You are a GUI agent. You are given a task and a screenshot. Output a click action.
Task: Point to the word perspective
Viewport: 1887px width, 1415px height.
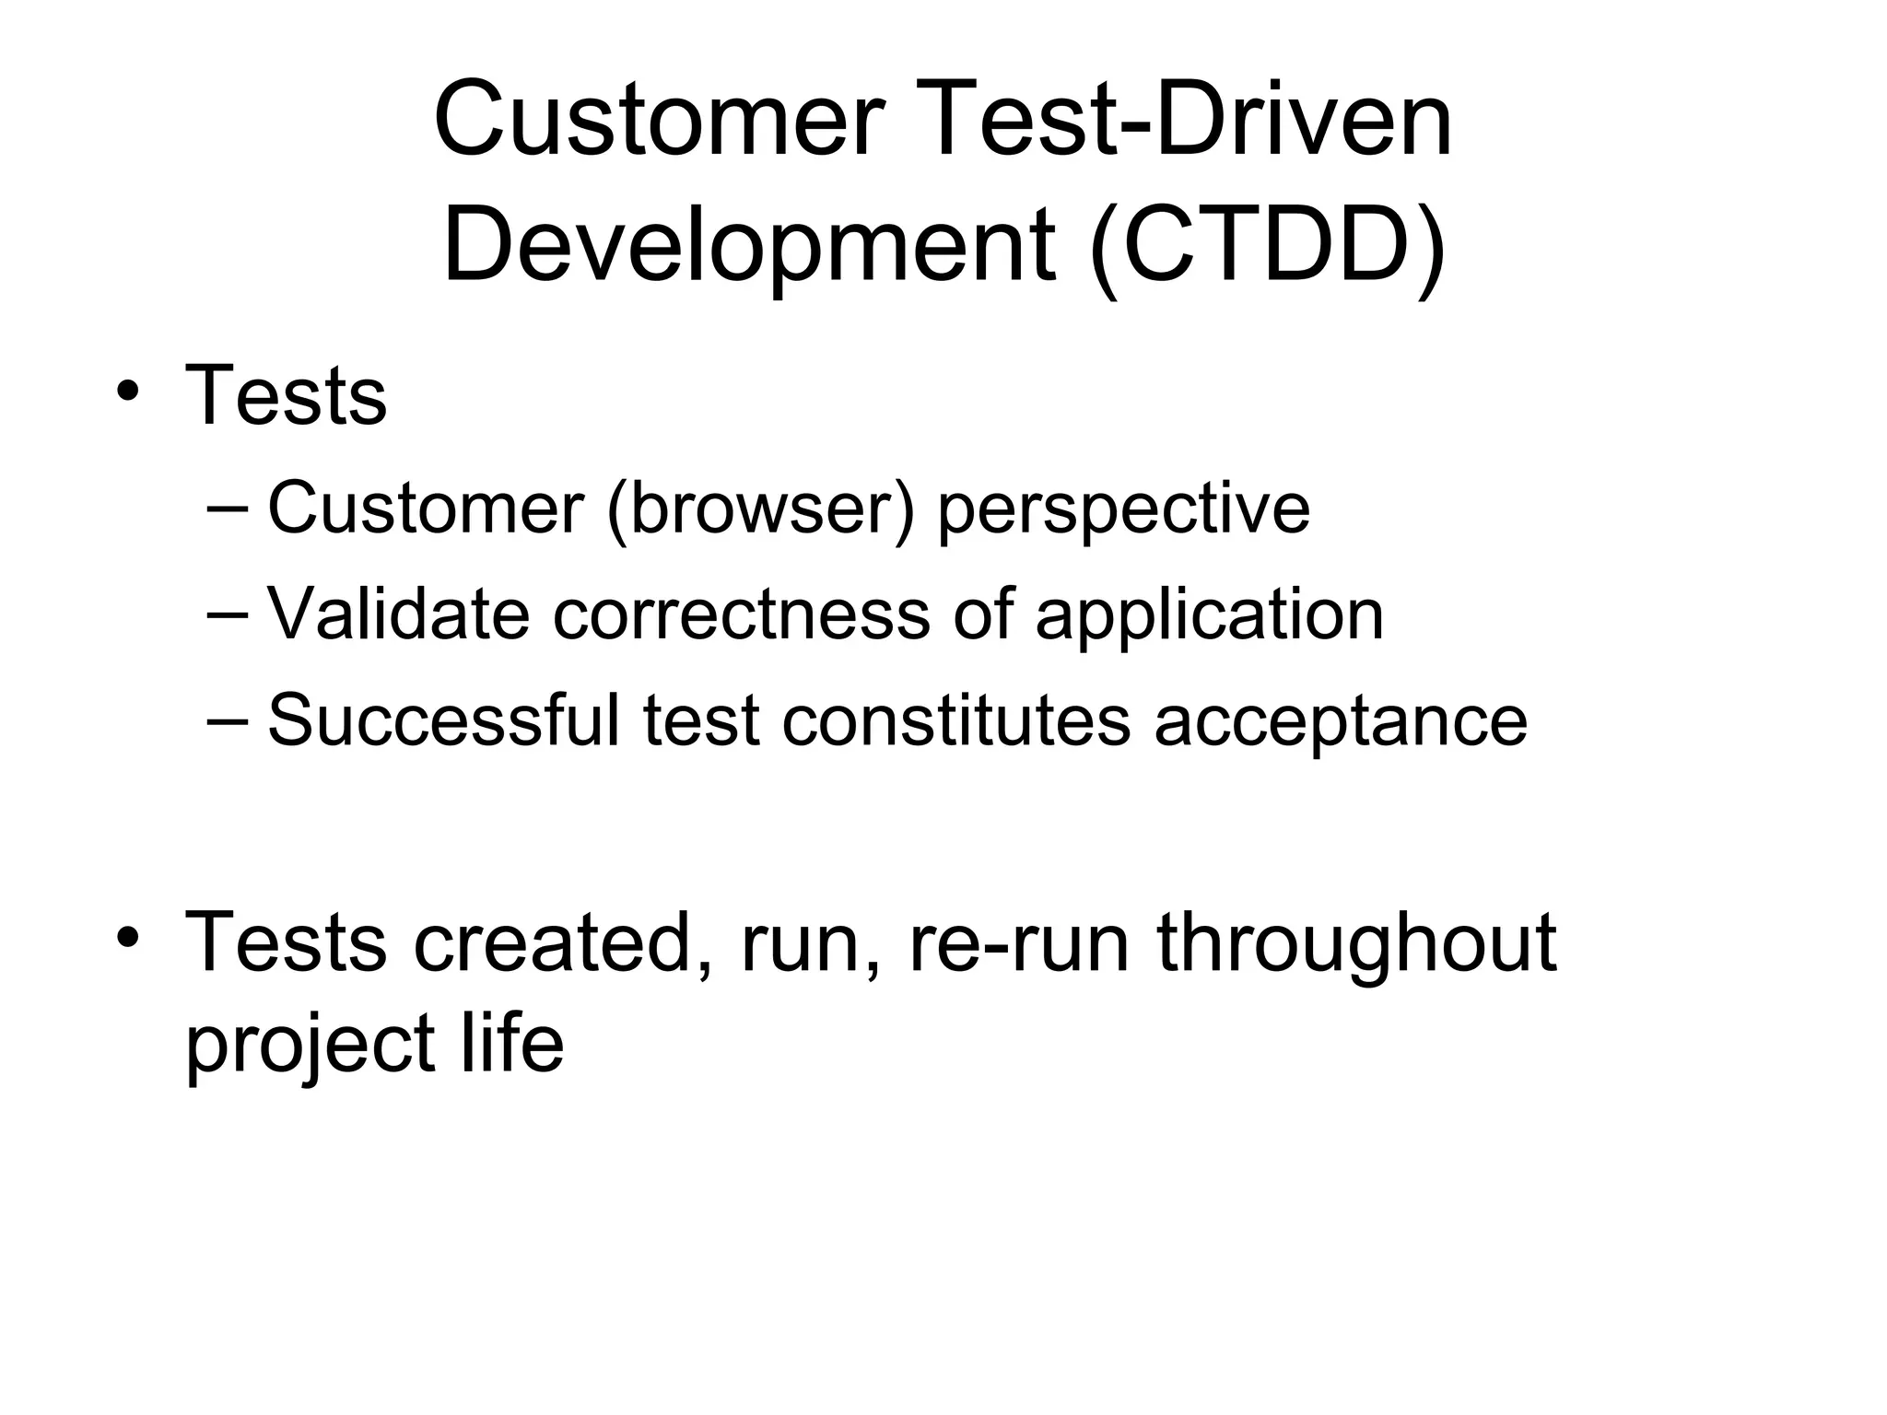[x=1123, y=509]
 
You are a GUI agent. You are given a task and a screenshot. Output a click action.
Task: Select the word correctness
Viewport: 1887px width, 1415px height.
[x=741, y=614]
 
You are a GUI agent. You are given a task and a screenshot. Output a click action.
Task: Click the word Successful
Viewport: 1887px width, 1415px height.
[x=443, y=719]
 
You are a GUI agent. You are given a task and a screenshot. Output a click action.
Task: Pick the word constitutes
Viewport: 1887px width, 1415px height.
[x=955, y=719]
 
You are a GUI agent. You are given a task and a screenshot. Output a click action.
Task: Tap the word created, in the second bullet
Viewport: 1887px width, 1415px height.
[x=564, y=941]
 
